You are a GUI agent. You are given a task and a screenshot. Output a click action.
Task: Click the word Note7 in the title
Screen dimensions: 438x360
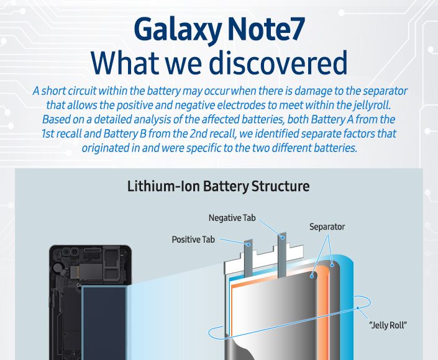pyautogui.click(x=266, y=29)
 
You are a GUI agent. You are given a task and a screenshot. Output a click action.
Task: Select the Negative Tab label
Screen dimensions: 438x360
pyautogui.click(x=232, y=218)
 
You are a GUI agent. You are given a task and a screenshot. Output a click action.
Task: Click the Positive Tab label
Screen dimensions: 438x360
pyautogui.click(x=193, y=240)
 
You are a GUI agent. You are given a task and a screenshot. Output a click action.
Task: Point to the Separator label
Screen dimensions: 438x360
pyautogui.click(x=327, y=227)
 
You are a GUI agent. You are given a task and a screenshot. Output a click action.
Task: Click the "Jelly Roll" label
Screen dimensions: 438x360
pyautogui.click(x=388, y=325)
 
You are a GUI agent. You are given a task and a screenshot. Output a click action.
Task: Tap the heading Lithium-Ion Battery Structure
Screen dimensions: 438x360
pyautogui.click(x=218, y=186)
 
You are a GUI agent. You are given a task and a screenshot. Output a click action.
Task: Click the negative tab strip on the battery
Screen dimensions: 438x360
pyautogui.click(x=282, y=254)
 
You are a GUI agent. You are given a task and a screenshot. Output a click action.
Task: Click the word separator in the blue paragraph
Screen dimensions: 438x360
pyautogui.click(x=385, y=91)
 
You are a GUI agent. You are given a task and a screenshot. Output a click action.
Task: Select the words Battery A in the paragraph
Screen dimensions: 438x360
pyautogui.click(x=332, y=119)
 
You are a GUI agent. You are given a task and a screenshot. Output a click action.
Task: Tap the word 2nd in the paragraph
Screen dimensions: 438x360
pyautogui.click(x=199, y=133)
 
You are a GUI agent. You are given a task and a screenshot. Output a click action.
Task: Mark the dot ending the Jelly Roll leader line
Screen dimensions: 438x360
pyautogui.click(x=358, y=308)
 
